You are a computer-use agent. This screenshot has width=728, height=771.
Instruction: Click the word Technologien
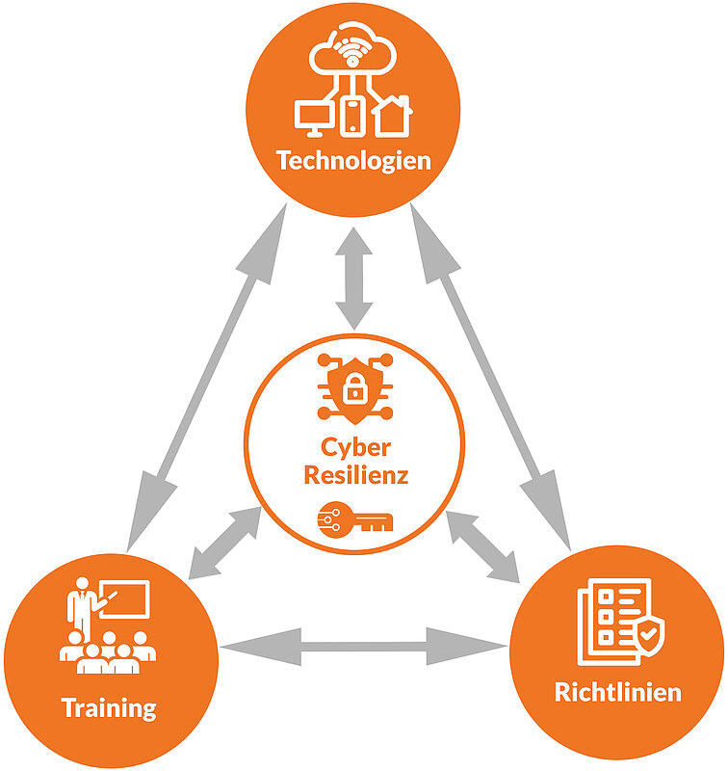pos(353,160)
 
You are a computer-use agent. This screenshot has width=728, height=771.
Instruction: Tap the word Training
pos(109,708)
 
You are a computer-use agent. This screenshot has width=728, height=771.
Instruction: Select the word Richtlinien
pos(617,692)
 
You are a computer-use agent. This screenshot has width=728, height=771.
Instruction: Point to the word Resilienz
pos(356,475)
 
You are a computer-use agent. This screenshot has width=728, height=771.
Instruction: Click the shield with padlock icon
pos(353,389)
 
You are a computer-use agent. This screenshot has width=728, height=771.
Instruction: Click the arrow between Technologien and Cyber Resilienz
pos(354,277)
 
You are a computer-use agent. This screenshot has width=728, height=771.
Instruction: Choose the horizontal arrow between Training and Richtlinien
pos(364,646)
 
